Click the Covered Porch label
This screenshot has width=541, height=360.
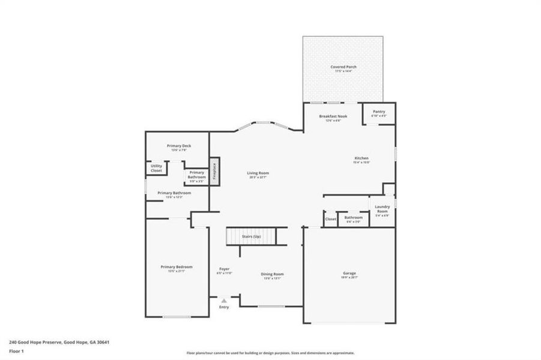(343, 67)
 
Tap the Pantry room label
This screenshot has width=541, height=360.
(379, 112)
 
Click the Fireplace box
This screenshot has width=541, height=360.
(214, 171)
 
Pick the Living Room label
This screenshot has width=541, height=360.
(258, 173)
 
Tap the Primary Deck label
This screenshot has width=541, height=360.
(178, 146)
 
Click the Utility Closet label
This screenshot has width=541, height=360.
(156, 169)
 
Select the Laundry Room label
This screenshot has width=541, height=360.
(382, 209)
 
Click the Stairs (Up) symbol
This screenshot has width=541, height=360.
(251, 236)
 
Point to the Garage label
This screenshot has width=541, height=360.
(349, 274)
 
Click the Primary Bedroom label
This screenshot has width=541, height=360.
(177, 267)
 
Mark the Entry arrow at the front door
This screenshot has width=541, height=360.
(224, 300)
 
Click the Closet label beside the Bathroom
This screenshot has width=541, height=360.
(330, 219)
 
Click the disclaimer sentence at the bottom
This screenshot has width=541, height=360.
(270, 353)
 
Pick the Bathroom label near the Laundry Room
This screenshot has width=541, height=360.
(353, 218)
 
